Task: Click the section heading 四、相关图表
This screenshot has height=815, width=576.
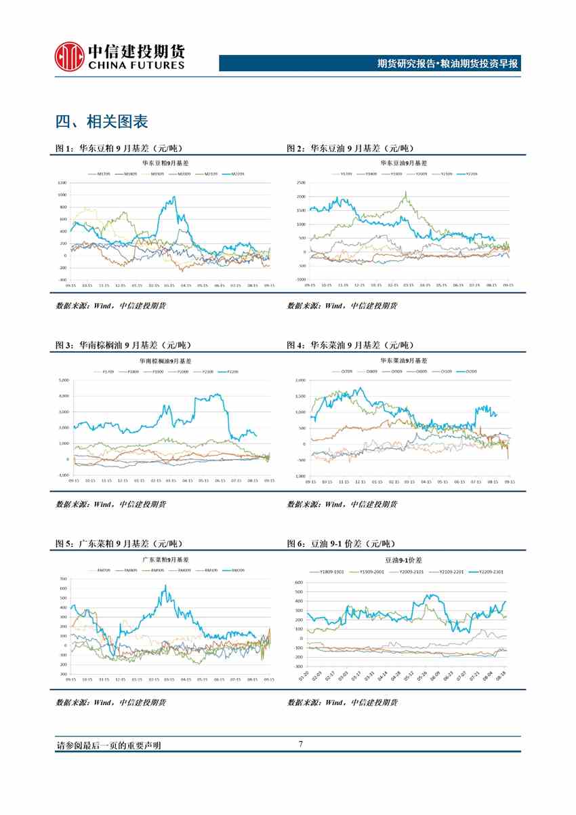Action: coord(102,122)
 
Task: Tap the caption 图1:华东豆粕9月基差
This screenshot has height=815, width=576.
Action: coord(119,148)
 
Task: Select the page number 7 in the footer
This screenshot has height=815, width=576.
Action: coord(300,744)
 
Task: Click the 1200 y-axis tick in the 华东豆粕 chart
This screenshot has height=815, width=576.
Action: coord(62,184)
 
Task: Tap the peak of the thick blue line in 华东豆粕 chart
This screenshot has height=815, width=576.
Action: coord(174,197)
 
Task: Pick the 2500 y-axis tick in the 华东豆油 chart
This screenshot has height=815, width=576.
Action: coord(300,184)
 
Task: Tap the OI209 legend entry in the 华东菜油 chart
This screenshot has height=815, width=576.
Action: coord(469,371)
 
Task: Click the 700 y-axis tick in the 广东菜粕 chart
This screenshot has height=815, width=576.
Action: coord(63,578)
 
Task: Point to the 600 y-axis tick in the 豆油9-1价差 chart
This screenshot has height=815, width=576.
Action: coord(300,582)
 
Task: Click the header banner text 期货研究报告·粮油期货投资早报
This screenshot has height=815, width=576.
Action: coord(447,64)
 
